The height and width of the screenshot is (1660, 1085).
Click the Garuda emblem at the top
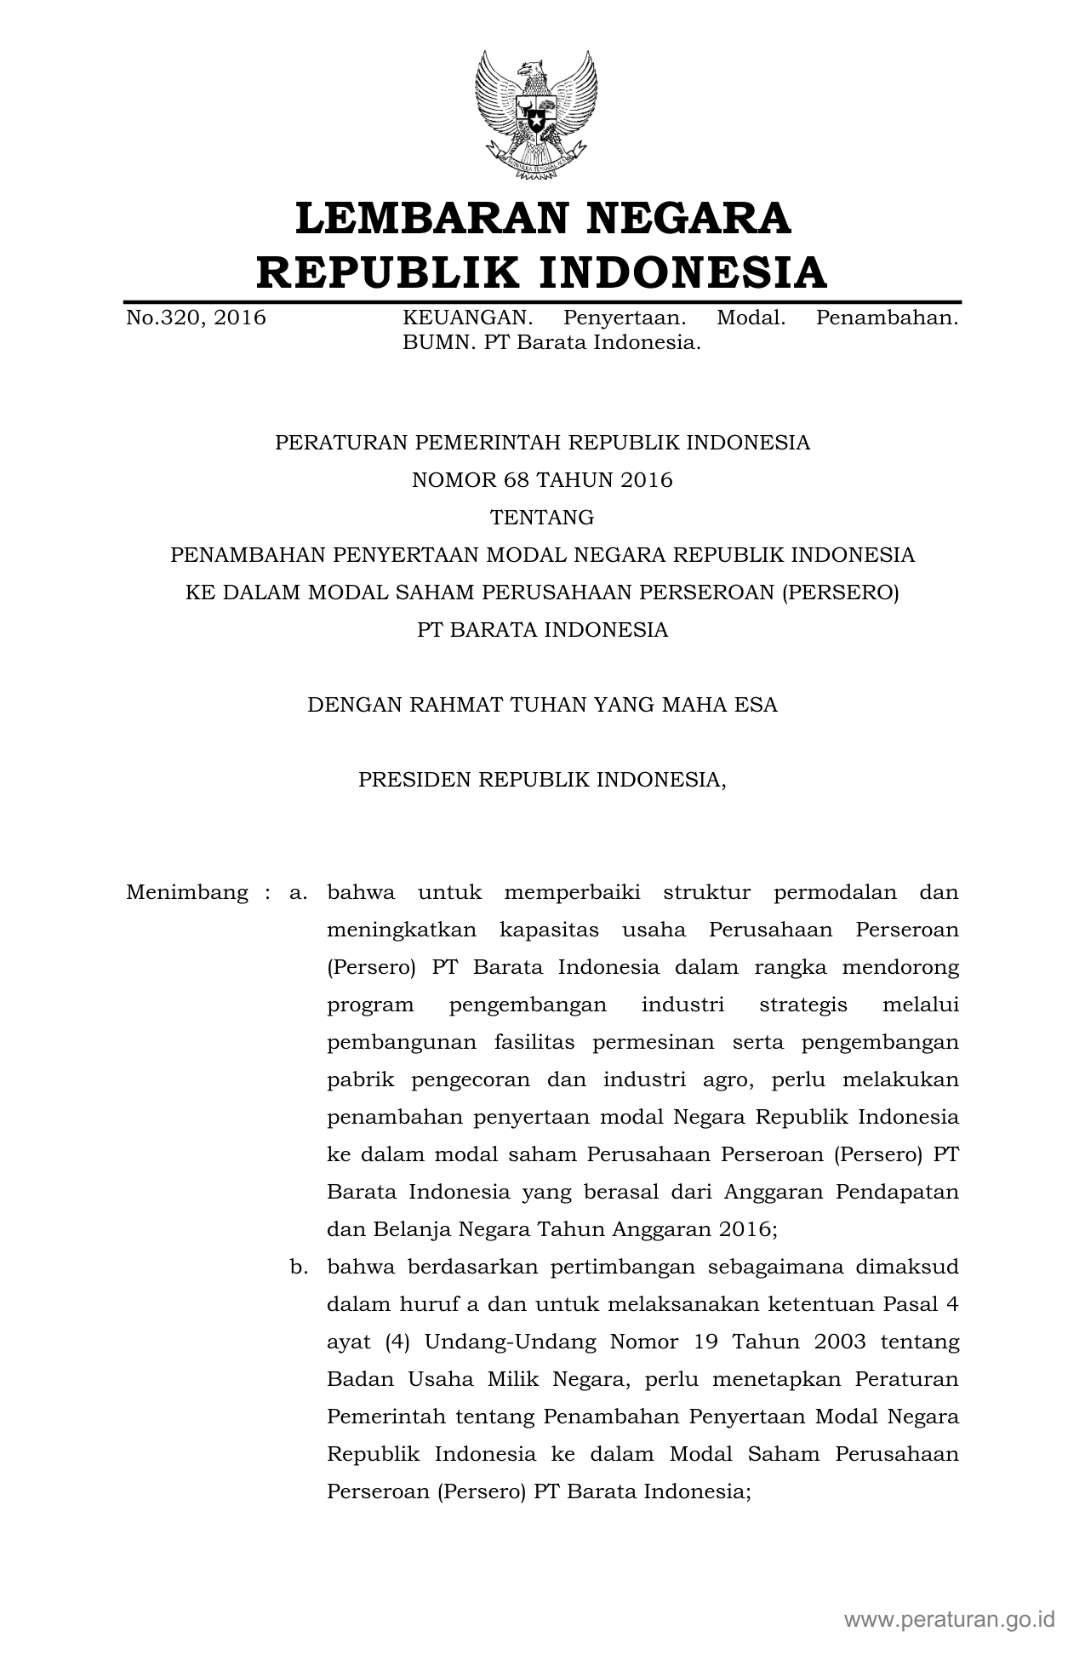(x=535, y=115)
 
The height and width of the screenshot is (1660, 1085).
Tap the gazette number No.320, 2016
(x=196, y=318)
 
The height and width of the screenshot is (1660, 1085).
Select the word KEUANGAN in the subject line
(x=467, y=318)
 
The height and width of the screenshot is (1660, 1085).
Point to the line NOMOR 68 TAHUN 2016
(x=542, y=480)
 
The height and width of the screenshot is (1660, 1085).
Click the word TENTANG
(x=542, y=518)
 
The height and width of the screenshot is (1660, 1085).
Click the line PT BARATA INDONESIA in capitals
(x=542, y=630)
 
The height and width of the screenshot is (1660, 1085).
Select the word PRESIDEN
(x=414, y=780)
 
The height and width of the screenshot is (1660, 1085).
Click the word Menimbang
(x=187, y=893)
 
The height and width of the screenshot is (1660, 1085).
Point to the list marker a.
(x=298, y=893)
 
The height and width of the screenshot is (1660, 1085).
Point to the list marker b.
(x=298, y=1268)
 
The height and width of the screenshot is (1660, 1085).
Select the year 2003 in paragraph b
(x=839, y=1342)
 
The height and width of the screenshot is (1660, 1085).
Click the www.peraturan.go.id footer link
(x=949, y=1618)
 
